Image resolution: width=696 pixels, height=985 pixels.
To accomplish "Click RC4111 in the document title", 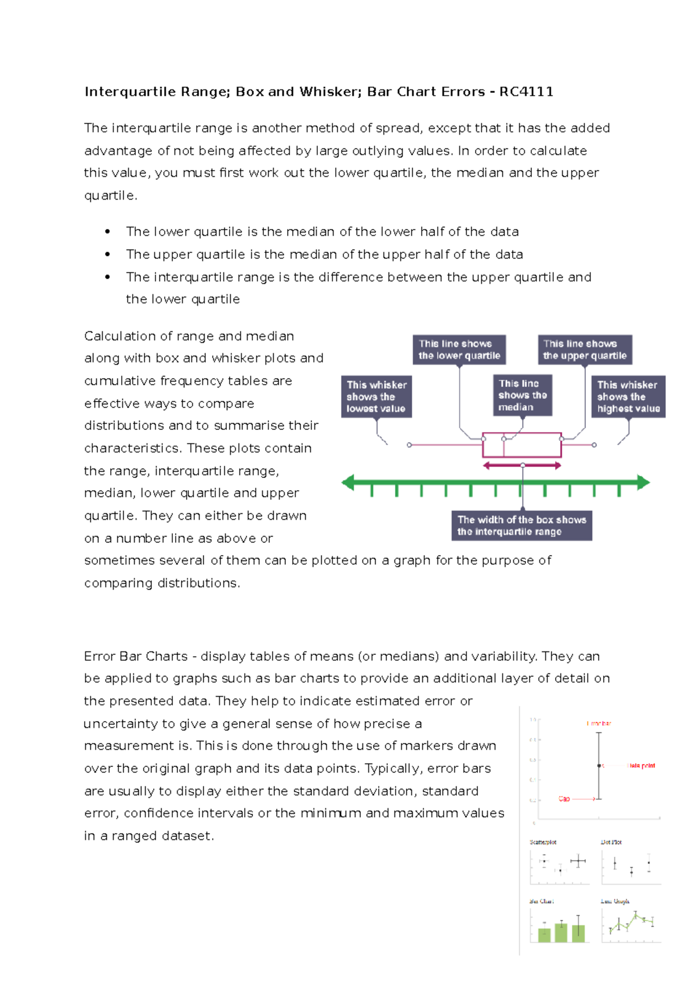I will coord(526,92).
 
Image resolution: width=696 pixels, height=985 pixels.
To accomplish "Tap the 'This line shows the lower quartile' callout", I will coord(459,350).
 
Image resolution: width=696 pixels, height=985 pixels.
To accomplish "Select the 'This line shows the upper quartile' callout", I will coord(585,350).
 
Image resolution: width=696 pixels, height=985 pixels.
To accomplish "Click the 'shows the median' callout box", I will coord(522,395).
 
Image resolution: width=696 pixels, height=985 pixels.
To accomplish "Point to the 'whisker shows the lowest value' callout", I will coord(376,397).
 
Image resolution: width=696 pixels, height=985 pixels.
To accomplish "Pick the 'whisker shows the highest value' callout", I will coord(628,397).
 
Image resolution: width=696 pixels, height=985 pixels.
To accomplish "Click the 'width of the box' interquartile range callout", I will coord(521,526).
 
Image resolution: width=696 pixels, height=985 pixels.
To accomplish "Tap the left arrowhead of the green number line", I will coord(348,482).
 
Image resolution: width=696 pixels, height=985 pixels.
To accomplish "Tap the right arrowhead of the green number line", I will coord(643,482).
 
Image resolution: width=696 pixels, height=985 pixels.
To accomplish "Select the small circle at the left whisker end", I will coord(409,445).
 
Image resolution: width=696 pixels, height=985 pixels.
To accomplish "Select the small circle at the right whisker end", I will coord(594,445).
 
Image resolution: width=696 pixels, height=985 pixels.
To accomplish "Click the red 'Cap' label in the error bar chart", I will coord(564,799).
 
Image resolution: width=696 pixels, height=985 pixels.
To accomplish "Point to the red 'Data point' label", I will coord(641,766).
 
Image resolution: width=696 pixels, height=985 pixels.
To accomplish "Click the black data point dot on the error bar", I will coord(599,766).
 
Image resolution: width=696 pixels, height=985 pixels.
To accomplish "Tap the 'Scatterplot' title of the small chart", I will coord(543,842).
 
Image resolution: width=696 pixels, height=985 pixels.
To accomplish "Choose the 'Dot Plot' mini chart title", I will coord(611,842).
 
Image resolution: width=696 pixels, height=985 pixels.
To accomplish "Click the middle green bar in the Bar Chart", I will coord(561,932).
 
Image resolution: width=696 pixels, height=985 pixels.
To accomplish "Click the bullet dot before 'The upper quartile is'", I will coord(107,254).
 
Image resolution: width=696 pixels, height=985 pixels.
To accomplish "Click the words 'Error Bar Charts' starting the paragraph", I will coord(136,656).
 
